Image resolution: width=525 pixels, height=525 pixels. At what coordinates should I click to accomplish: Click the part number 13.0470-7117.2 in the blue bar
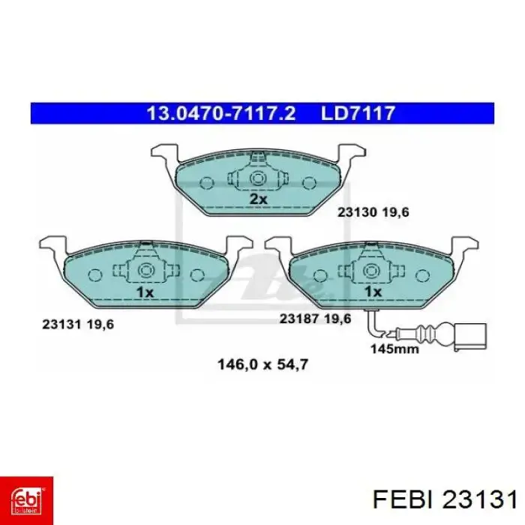point(221,113)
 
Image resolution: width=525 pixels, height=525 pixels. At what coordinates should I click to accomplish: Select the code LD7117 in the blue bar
point(358,113)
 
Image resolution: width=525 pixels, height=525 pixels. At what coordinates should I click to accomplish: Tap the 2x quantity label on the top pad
point(259,199)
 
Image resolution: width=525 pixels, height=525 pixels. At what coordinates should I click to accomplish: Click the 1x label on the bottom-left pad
point(145,292)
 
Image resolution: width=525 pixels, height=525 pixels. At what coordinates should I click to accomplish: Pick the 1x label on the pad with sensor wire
point(373,292)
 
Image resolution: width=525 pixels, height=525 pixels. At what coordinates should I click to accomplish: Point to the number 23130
point(356,212)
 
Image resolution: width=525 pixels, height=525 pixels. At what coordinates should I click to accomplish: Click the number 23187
point(298,319)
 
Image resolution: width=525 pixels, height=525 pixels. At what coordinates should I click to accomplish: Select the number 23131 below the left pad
point(61,325)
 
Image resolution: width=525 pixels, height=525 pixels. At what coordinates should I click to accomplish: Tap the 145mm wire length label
point(394,349)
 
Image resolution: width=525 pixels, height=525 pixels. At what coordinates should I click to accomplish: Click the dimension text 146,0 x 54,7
point(262,364)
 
